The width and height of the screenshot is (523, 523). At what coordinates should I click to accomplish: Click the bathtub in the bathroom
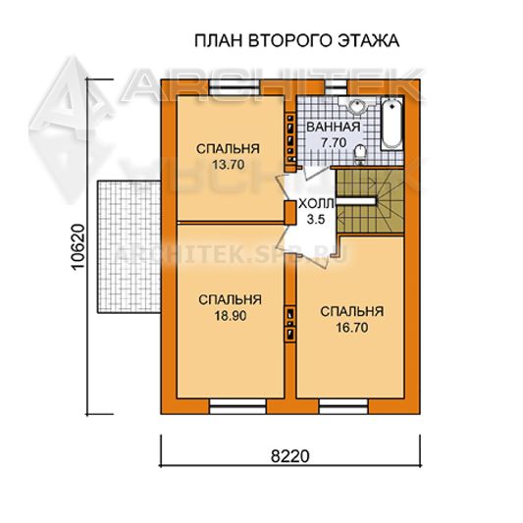coord(392,124)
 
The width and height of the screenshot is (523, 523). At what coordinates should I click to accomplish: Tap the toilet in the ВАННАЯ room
coord(360,154)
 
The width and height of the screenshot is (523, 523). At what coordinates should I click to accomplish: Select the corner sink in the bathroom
coord(356,105)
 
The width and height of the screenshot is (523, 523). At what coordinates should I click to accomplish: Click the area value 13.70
coord(229,165)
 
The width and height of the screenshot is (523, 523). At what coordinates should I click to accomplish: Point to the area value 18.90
coord(231,315)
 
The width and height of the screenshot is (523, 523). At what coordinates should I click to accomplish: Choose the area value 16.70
coord(352,328)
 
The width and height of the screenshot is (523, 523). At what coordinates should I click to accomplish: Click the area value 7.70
coord(334,142)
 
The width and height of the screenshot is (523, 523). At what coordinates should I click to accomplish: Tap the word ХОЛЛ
coord(316,204)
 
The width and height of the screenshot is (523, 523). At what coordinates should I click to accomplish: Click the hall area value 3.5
coord(316,220)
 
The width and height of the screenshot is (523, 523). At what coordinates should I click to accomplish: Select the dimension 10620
coord(78,247)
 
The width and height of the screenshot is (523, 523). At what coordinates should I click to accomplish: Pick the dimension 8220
coord(290,455)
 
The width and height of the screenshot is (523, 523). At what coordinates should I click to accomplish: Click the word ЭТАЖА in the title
coord(369,41)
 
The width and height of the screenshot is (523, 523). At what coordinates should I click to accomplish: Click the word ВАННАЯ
coord(334,128)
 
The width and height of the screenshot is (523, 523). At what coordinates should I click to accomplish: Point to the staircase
coord(370,201)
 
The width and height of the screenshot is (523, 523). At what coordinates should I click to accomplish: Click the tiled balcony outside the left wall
coord(130,247)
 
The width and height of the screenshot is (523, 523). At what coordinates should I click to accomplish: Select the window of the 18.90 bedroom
coord(237,406)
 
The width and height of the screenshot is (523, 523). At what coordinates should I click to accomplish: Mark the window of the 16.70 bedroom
coord(343,406)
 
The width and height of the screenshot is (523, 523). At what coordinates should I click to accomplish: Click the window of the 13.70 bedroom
coord(235,87)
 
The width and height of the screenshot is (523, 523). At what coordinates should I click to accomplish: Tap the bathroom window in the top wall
coord(336,87)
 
